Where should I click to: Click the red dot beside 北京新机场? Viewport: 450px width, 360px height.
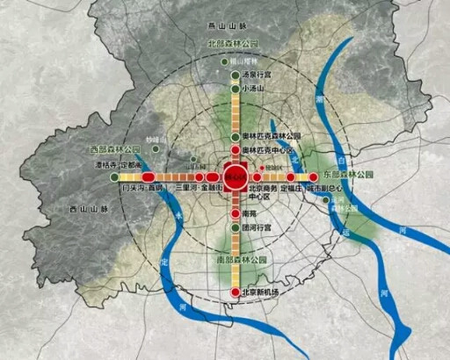pyautogui.click(x=235, y=292)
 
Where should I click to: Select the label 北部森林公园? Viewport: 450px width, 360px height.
pyautogui.click(x=233, y=42)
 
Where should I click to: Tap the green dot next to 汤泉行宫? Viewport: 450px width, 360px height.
pyautogui.click(x=235, y=76)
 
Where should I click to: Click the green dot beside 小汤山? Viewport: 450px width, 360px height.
pyautogui.click(x=235, y=89)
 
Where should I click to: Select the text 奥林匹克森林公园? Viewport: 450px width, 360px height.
pyautogui.click(x=272, y=137)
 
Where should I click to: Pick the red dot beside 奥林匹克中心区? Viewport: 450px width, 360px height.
pyautogui.click(x=235, y=150)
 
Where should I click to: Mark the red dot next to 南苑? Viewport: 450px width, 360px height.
pyautogui.click(x=235, y=212)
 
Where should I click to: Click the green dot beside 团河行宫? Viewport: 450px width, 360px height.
pyautogui.click(x=235, y=227)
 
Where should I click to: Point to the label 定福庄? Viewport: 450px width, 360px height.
pyautogui.click(x=289, y=187)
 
